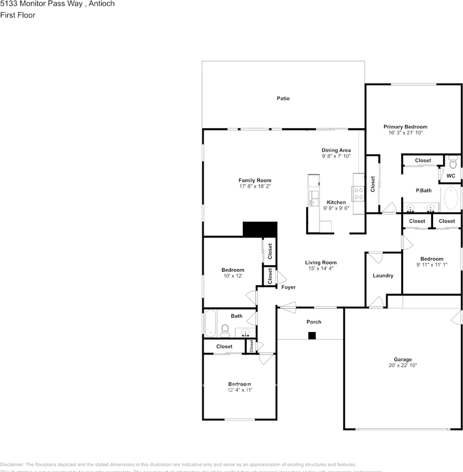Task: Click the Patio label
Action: [x=283, y=98]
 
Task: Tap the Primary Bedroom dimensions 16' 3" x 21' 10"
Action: [x=405, y=133]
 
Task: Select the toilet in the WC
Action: [x=453, y=161]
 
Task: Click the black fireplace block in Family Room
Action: [x=260, y=229]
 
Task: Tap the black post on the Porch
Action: [x=312, y=336]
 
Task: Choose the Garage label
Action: [x=403, y=359]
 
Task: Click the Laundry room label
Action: [x=383, y=276]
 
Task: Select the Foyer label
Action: [x=289, y=287]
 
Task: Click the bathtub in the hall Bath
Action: [x=210, y=323]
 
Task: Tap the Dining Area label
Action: [x=336, y=150]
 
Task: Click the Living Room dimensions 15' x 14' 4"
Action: [x=321, y=268]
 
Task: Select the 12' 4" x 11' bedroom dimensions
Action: [x=240, y=390]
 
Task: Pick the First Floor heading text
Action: [x=18, y=15]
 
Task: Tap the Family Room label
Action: [x=255, y=180]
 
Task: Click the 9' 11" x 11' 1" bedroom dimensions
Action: [x=432, y=265]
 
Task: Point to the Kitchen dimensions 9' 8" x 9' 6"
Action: [x=336, y=208]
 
